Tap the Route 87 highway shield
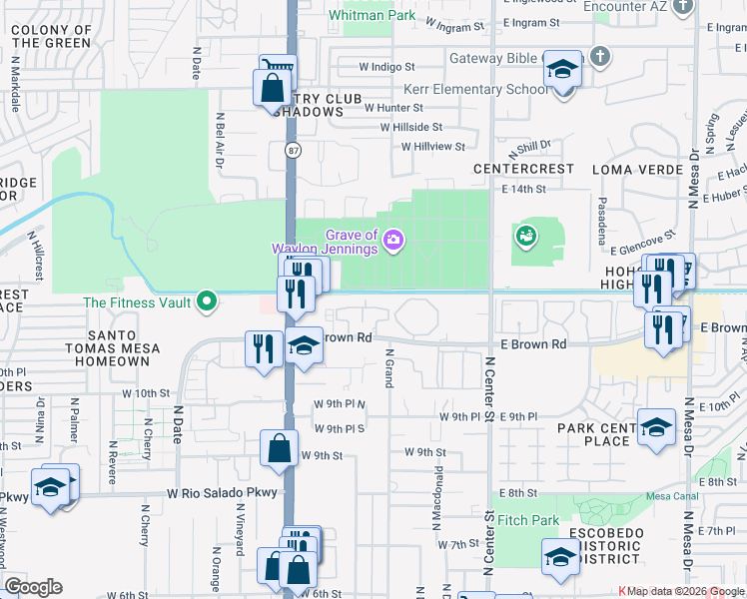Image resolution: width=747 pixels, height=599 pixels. click(292, 151)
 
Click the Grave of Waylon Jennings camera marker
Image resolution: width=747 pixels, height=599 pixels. click(393, 240)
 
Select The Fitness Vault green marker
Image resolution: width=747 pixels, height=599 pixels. click(207, 299)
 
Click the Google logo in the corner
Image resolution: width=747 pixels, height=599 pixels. click(33, 587)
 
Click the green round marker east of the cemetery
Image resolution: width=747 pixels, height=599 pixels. click(525, 236)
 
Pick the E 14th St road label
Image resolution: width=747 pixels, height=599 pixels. click(524, 188)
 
